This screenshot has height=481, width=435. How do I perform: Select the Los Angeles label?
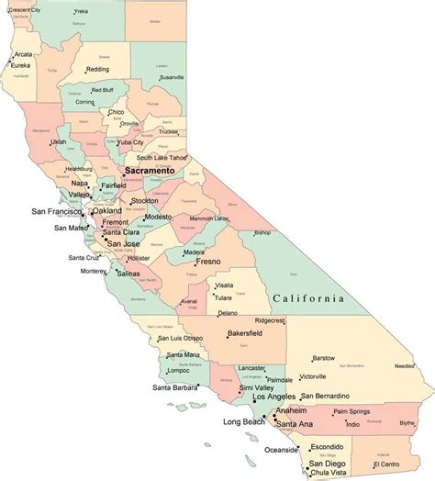pos(280,397)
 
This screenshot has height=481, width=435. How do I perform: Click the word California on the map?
pos(308,298)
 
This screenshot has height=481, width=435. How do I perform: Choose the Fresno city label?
pos(210,262)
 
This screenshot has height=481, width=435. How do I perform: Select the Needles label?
pos(405,365)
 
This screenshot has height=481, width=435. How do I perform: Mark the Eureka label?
pos(21,65)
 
